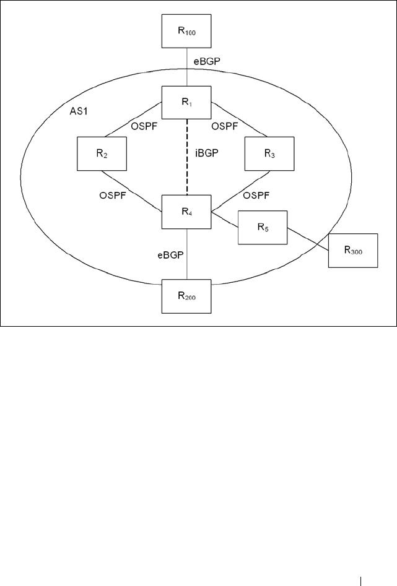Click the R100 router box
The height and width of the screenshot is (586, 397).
(186, 31)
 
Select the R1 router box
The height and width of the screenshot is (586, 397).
(186, 103)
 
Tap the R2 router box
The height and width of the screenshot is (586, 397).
(102, 153)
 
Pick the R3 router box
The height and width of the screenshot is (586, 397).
(269, 153)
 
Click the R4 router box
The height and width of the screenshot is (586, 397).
(186, 212)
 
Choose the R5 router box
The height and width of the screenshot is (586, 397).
(263, 228)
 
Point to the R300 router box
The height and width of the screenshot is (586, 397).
(353, 251)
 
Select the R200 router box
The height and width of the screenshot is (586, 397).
(186, 296)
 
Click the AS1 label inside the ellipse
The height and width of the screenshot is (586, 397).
(79, 111)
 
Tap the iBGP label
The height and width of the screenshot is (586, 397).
(206, 152)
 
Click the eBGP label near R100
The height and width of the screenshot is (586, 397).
(207, 62)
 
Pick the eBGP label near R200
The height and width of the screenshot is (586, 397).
(170, 255)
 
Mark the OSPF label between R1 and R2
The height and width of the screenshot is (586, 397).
(144, 126)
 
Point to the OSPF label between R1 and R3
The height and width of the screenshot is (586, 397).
(224, 126)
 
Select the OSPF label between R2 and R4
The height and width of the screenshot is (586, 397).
(113, 195)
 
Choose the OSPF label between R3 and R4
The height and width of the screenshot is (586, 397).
(256, 195)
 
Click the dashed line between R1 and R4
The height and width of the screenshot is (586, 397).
(186, 157)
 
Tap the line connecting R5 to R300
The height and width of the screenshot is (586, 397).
(308, 239)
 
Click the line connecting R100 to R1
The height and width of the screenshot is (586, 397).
(186, 67)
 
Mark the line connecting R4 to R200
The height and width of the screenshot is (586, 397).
(186, 254)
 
